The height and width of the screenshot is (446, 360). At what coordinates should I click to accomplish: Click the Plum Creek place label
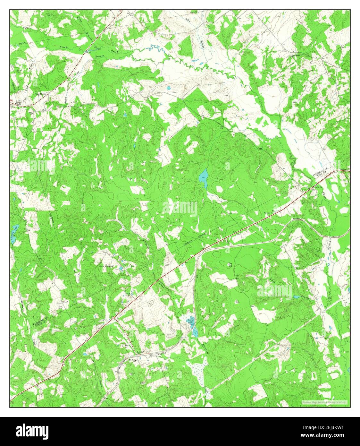coord(39,94)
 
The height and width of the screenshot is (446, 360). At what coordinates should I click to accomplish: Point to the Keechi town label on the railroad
coord(139,352)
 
